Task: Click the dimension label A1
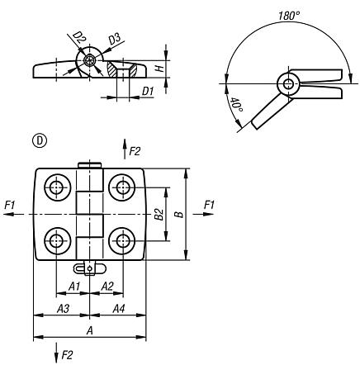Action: [x=73, y=286]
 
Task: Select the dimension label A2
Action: [x=107, y=286]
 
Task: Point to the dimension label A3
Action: [x=61, y=309]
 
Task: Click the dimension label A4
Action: [x=118, y=309]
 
